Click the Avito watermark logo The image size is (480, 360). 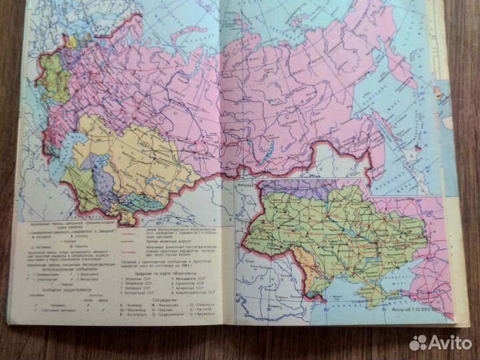tap(440, 342)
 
